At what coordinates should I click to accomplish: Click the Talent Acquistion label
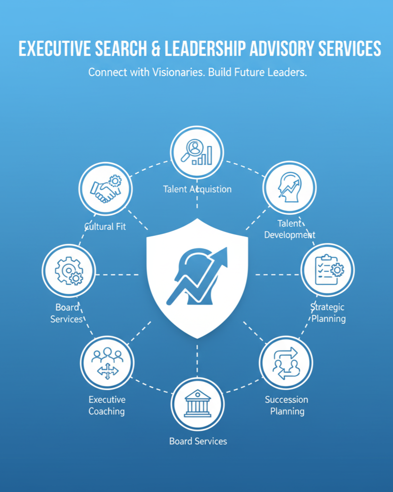pos(197,189)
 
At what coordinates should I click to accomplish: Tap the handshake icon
pos(106,188)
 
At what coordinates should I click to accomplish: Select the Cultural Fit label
pos(105,226)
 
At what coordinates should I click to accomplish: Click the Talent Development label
pos(290,229)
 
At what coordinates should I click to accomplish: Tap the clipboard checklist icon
pos(328,270)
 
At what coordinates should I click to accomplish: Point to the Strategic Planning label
pos(328,313)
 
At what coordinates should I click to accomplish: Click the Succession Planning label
pos(286,405)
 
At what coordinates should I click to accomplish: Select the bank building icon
pos(198,404)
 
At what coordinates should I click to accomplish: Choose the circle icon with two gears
pos(69,271)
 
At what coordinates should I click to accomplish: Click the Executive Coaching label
pos(107,405)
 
